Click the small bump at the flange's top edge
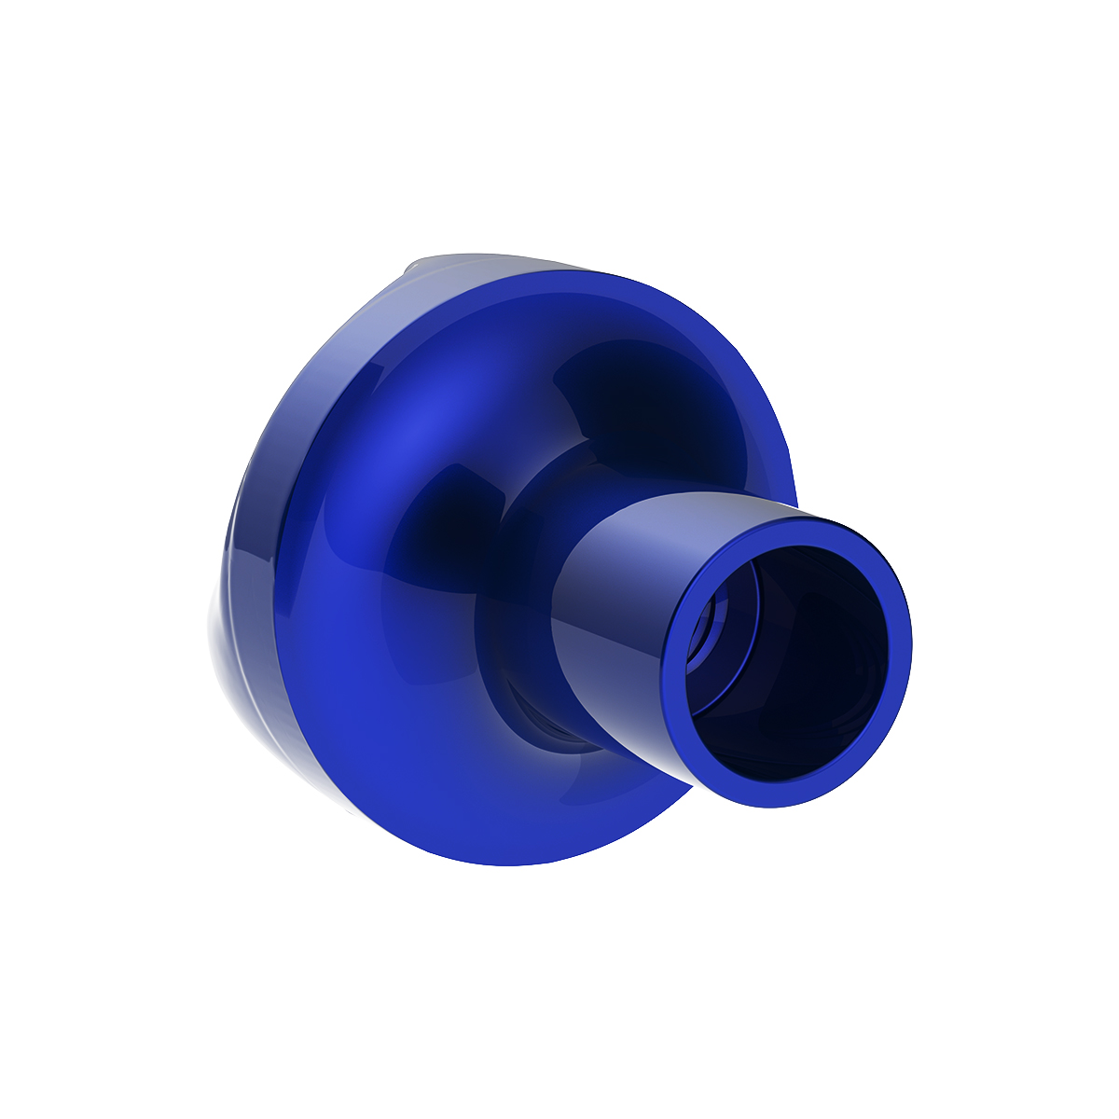point(410,270)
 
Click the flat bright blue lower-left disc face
point(373,727)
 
